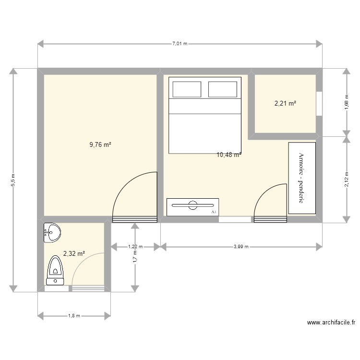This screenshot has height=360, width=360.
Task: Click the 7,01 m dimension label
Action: coord(180,44)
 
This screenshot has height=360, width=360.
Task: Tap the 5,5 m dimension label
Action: coord(13,180)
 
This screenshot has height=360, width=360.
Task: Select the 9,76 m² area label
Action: coord(100,144)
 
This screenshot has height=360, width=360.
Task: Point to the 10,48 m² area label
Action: coord(229,155)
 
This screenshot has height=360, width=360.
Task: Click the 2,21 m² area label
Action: coord(285,103)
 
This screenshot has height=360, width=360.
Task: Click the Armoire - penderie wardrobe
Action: coord(302,178)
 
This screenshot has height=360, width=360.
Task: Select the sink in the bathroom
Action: coord(52,233)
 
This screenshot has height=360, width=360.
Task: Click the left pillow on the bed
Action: coord(186,89)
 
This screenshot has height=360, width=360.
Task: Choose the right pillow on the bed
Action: coord(222,89)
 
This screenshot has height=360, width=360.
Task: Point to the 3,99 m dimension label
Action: coord(241,247)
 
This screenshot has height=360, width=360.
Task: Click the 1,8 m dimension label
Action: coord(74,316)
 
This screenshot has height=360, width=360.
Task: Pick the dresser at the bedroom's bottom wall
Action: coord(192,207)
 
